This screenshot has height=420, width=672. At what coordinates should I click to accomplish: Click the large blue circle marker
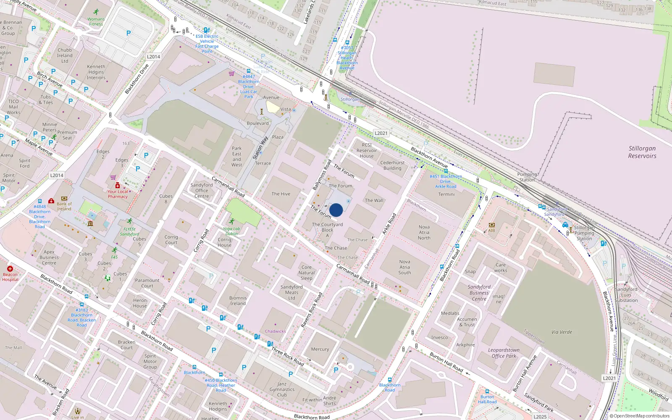coord(336,210)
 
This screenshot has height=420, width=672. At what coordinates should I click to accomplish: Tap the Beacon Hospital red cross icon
coord(10,269)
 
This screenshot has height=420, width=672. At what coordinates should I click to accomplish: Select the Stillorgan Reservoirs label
coord(642,152)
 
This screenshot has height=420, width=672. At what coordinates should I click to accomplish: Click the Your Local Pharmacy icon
coord(118,185)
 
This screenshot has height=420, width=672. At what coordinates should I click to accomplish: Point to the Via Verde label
coord(562,332)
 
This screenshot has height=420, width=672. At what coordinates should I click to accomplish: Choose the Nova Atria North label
coord(424,232)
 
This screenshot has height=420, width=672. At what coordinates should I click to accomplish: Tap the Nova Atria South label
coord(404,267)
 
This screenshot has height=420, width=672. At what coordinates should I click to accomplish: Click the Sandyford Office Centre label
coord(202,190)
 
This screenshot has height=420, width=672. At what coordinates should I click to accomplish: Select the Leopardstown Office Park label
coord(504,353)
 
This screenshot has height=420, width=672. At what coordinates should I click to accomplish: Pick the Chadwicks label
coord(275,331)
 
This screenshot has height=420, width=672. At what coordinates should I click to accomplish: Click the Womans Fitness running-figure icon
coord(96,12)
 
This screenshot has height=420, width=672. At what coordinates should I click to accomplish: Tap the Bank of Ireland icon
coord(64,198)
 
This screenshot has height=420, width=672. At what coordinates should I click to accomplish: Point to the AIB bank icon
coord(491,225)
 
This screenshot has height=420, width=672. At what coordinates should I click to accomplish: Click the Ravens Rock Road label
coord(312,310)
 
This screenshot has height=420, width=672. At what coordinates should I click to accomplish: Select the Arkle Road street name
coord(389,224)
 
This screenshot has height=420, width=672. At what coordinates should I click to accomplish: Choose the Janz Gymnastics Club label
coord(282,389)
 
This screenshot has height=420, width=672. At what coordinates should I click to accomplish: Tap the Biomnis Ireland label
coord(238,300)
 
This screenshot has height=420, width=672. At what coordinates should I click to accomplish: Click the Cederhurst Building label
coord(392,165)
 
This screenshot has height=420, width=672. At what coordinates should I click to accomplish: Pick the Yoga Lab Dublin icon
coord(231,221)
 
